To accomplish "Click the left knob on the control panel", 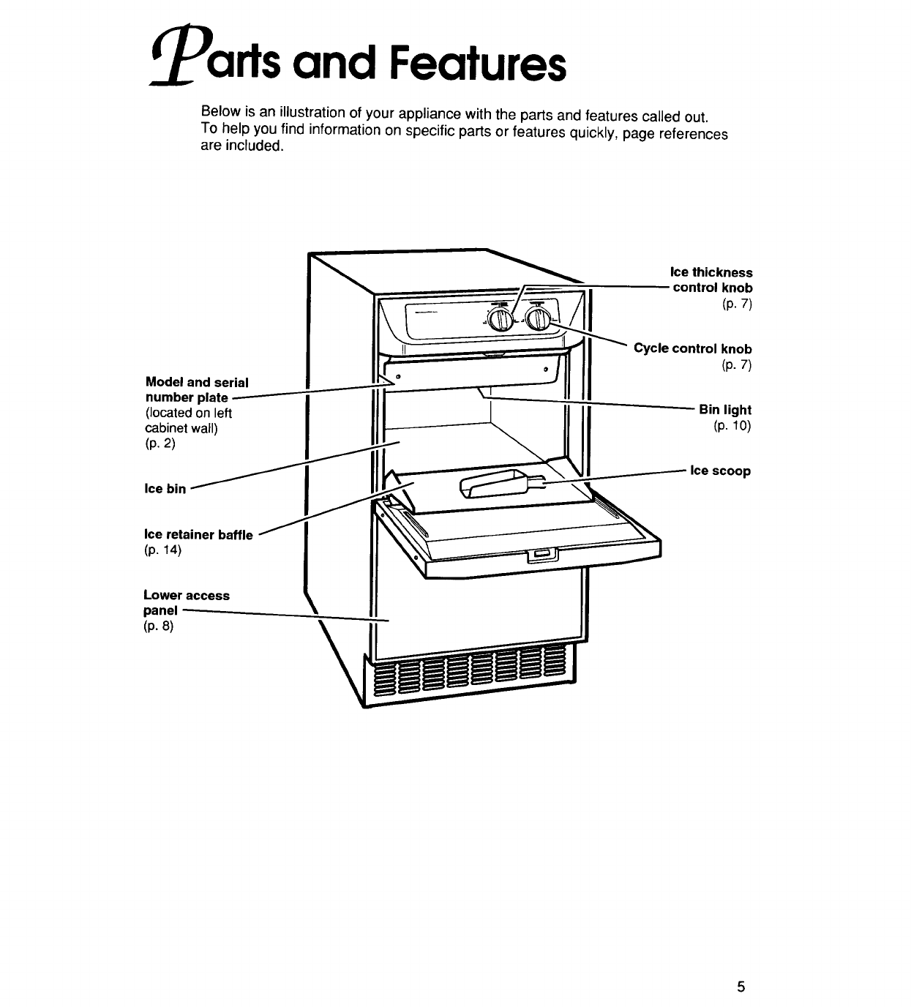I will [501, 320].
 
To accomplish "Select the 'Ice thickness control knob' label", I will [712, 280].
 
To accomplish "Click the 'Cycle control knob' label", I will [692, 349].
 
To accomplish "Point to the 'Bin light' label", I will [724, 410].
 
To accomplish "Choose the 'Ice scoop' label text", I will [721, 471].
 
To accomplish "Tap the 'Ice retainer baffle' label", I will [198, 534].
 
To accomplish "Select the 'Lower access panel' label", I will [186, 602].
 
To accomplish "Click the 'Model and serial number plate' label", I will [196, 390].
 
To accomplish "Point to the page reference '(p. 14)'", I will [162, 550].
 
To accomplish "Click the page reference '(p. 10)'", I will [732, 425].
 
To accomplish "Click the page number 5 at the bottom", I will [741, 986].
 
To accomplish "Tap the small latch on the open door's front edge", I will [541, 555].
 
